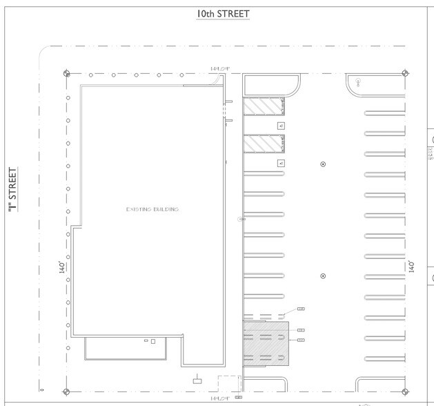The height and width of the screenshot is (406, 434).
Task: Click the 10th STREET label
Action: coord(221,14)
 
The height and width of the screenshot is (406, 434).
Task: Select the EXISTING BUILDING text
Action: coord(152,209)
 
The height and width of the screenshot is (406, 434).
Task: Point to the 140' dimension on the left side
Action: coord(61,266)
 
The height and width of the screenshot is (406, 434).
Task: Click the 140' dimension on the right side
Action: coord(413,266)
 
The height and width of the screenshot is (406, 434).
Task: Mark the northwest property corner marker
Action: coord(66,74)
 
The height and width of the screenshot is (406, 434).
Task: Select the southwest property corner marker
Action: coord(66,390)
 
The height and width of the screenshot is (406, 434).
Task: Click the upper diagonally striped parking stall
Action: coord(264,107)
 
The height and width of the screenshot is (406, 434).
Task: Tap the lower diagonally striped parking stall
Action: coord(264,143)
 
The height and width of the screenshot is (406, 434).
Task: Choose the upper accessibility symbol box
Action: coord(281,125)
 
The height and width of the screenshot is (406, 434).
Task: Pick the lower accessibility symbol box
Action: coord(281,163)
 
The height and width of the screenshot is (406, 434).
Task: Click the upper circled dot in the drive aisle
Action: coord(323,164)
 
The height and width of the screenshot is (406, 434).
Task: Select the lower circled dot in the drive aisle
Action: coord(323,276)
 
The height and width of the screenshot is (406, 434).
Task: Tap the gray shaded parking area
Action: coord(266,342)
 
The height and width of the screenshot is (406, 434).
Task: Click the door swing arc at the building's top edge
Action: coord(219,80)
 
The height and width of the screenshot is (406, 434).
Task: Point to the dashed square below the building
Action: coord(228,384)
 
